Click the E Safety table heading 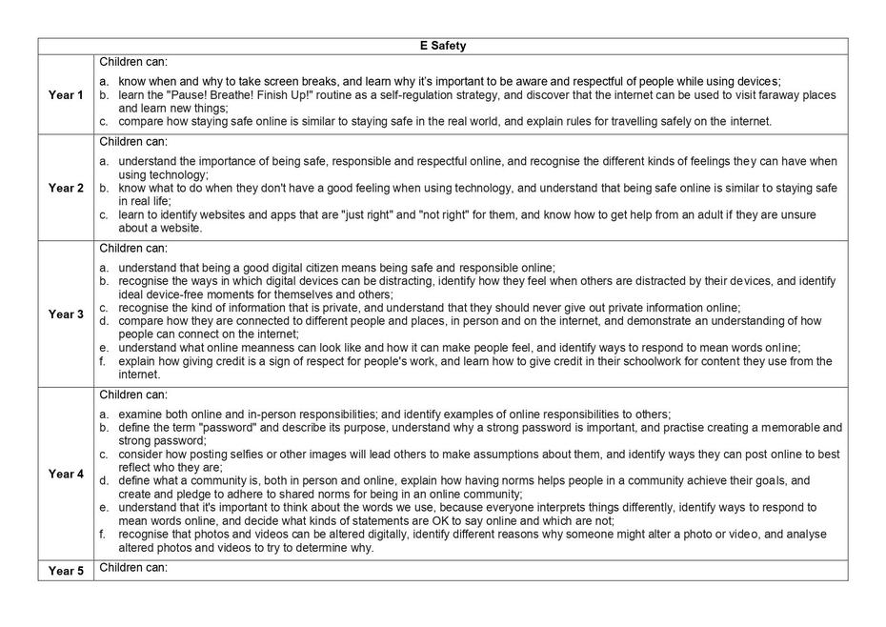pos(442,46)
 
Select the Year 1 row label pos(66,95)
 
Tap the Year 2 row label pos(66,188)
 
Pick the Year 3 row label pos(66,314)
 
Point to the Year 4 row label pos(66,474)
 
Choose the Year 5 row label pos(66,571)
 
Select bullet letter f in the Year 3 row pos(103,362)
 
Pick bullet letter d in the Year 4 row pos(103,481)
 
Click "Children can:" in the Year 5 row pos(133,568)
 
